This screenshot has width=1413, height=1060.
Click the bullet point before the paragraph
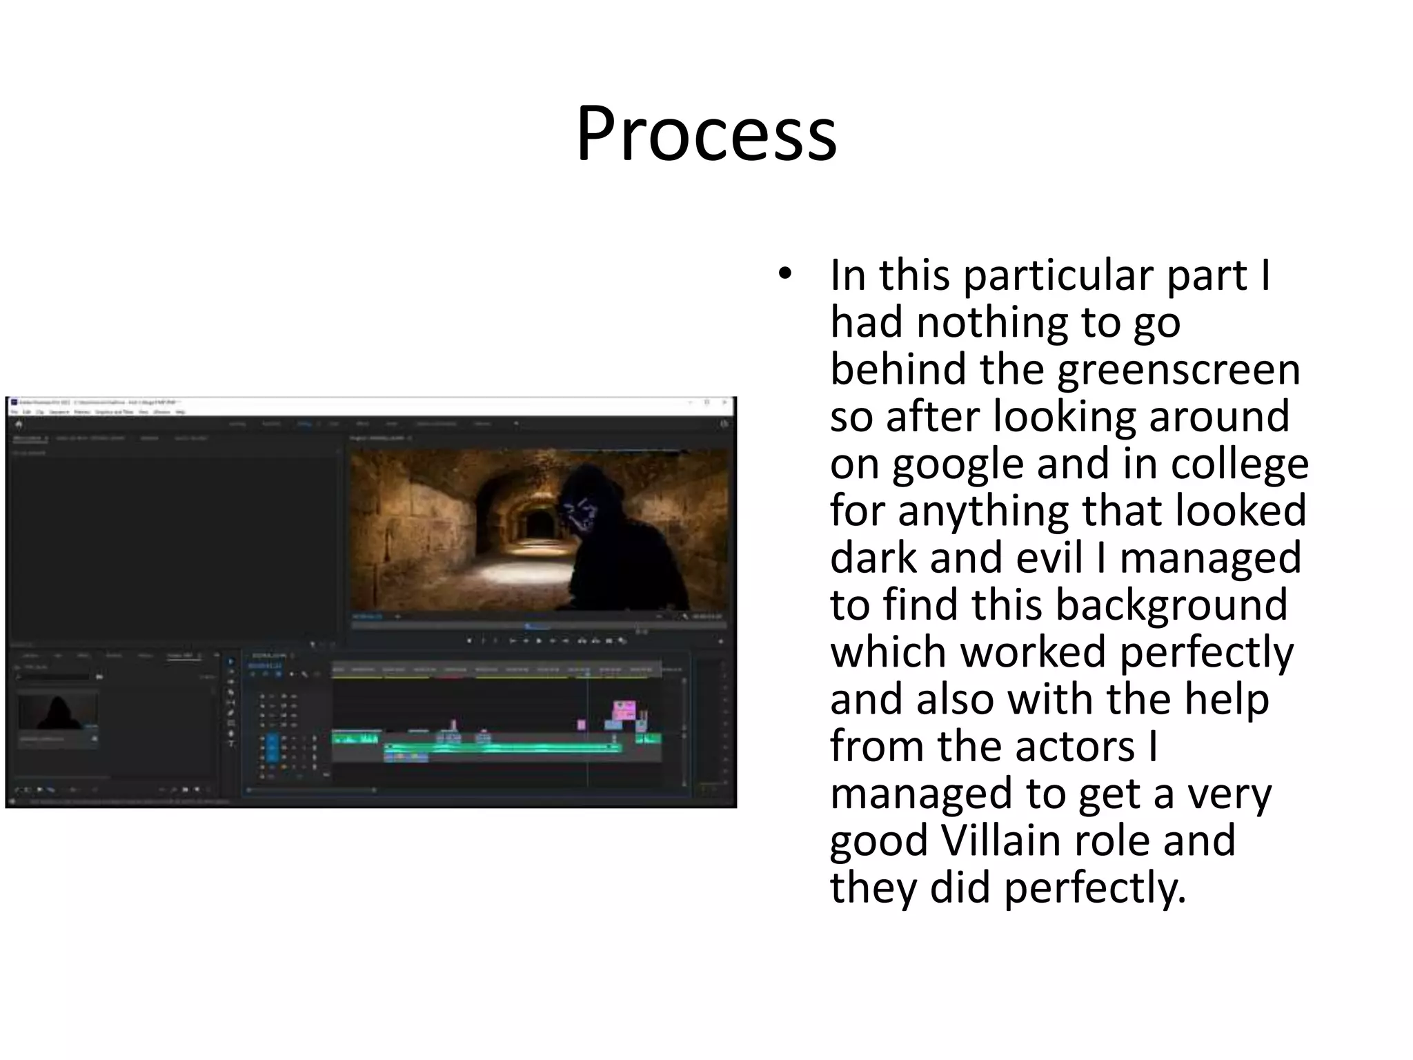point(784,275)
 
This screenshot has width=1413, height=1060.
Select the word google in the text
point(958,464)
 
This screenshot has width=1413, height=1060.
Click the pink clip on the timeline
point(624,710)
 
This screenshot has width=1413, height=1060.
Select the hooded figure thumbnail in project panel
point(58,712)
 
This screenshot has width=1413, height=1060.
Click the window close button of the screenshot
point(724,402)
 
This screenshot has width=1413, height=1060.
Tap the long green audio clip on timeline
point(504,747)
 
